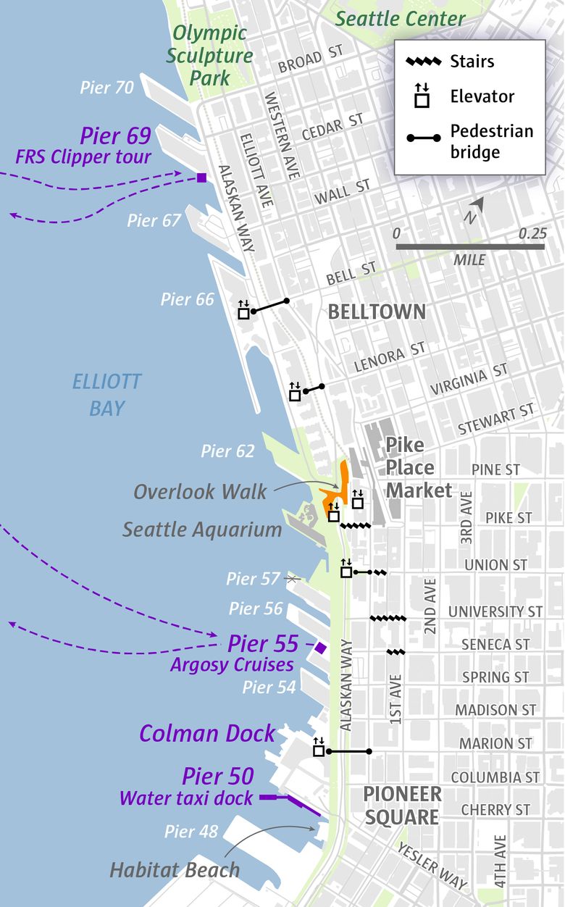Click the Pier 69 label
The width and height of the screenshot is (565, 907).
click(115, 135)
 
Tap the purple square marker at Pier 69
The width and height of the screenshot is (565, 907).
click(201, 177)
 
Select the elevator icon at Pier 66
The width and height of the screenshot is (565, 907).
click(244, 312)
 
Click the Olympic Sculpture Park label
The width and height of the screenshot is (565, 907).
click(209, 55)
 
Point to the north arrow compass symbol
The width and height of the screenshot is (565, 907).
click(475, 209)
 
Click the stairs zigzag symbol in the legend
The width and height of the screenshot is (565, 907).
click(424, 61)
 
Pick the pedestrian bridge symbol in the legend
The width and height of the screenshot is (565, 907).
click(424, 138)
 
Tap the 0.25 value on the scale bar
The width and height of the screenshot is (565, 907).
click(532, 234)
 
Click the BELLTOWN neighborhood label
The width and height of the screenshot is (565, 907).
click(377, 312)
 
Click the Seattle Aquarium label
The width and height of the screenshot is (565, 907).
click(201, 530)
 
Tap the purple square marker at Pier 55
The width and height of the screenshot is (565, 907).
click(321, 647)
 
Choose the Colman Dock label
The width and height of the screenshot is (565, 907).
click(207, 733)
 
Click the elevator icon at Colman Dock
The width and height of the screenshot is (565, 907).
click(319, 750)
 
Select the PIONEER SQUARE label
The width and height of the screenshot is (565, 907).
click(401, 806)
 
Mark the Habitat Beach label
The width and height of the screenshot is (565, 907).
click(175, 869)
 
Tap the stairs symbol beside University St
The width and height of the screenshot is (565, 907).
click(388, 619)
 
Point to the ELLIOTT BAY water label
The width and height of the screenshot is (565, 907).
click(106, 395)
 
